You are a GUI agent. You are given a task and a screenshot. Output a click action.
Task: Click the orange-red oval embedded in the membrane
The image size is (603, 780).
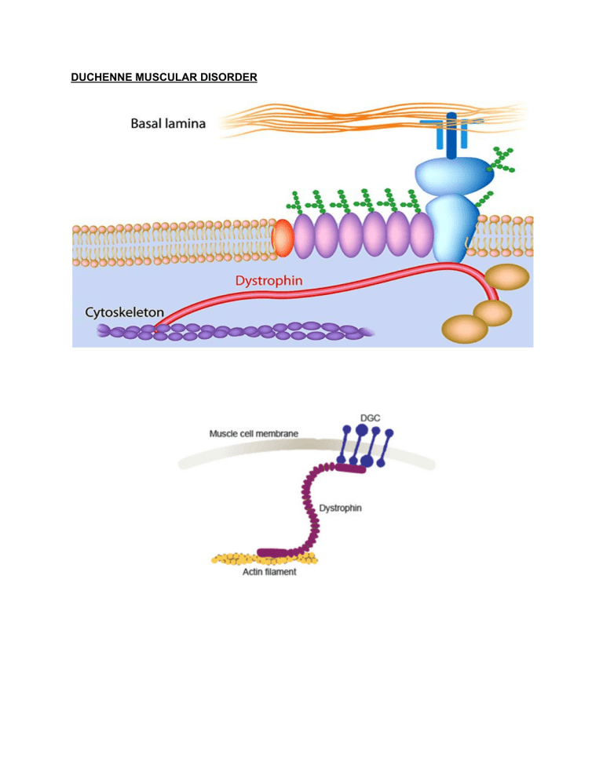(282, 238)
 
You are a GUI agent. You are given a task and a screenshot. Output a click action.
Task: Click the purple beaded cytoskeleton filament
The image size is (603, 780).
(236, 332)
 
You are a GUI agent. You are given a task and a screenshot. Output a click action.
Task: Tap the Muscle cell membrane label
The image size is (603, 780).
(254, 433)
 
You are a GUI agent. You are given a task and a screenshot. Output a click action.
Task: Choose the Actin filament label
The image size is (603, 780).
(264, 572)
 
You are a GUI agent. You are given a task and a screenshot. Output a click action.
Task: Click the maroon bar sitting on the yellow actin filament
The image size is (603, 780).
(274, 554)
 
